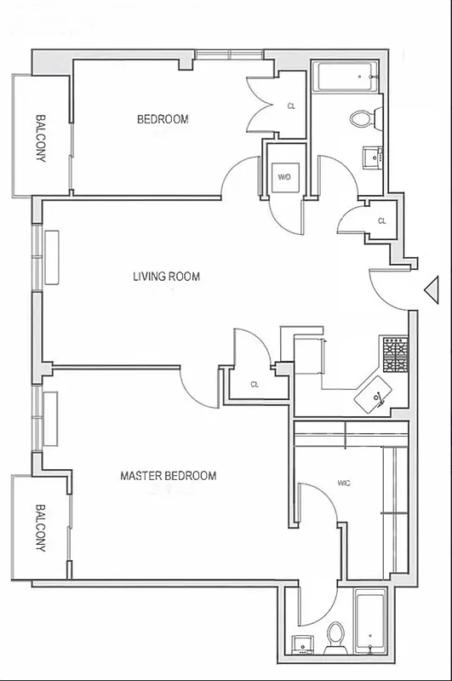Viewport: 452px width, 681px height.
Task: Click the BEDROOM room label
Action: click(x=163, y=119)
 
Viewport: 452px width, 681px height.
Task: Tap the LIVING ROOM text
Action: click(x=166, y=276)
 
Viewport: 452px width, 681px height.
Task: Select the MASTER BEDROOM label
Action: click(x=168, y=476)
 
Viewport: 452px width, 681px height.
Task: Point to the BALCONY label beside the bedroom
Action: click(x=40, y=138)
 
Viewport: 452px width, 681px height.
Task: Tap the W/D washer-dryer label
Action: click(x=283, y=178)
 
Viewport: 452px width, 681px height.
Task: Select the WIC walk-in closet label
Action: click(x=344, y=484)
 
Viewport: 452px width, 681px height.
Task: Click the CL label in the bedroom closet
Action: click(x=291, y=106)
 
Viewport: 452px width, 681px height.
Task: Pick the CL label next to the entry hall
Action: click(x=381, y=221)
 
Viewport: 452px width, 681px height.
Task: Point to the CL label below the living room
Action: click(x=254, y=385)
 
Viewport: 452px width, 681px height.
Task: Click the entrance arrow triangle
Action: click(x=431, y=290)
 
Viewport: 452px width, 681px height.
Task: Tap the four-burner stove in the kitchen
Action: click(x=395, y=355)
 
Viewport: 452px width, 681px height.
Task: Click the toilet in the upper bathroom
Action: click(x=362, y=118)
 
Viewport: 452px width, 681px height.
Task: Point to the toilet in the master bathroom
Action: click(x=335, y=634)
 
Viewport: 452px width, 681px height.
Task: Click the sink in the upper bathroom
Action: click(x=371, y=157)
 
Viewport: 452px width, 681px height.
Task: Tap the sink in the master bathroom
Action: click(x=302, y=643)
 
